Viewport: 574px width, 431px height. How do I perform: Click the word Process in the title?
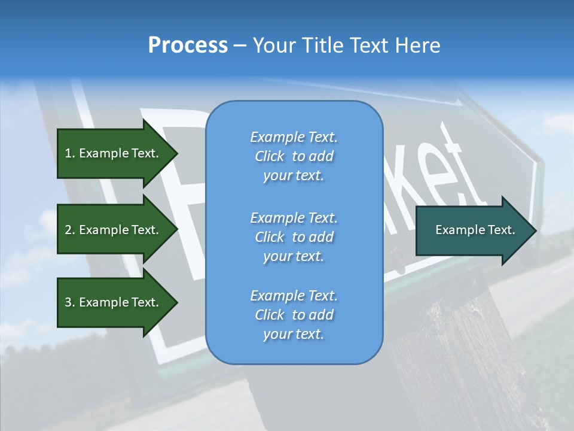coord(188,45)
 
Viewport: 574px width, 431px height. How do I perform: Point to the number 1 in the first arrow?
coord(68,153)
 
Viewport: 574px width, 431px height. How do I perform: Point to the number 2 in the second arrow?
coord(68,230)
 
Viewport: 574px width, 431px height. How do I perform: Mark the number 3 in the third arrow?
coord(68,302)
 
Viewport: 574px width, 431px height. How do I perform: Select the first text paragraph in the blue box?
coord(294,156)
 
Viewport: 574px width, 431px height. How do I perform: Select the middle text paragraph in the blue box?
coord(294,236)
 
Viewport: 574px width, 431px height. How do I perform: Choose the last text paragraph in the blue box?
coord(294,314)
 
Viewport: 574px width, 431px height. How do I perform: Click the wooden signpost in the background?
coord(454,347)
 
